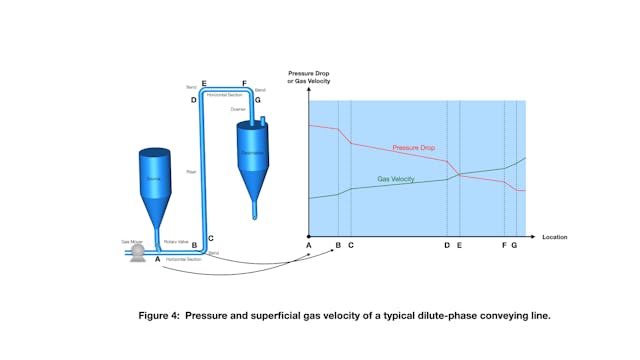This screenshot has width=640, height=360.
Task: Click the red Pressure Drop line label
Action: coord(412,148)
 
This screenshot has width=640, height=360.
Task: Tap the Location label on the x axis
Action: coord(554,237)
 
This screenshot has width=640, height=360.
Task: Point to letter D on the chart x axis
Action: coord(446,245)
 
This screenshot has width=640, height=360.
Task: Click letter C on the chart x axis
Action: coord(351,245)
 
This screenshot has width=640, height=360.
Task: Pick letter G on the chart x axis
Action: coord(515,245)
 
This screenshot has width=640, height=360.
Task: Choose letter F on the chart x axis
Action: coord(503,245)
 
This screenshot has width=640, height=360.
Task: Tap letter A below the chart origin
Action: coord(309,245)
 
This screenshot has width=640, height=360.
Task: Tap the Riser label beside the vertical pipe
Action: coord(190,171)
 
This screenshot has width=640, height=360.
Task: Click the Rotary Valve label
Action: coord(176,240)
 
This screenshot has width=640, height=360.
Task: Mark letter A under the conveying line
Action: coord(158,260)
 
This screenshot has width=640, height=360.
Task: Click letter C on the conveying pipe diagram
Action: coord(211,237)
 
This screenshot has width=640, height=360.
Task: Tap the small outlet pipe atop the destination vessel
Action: coord(262,121)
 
